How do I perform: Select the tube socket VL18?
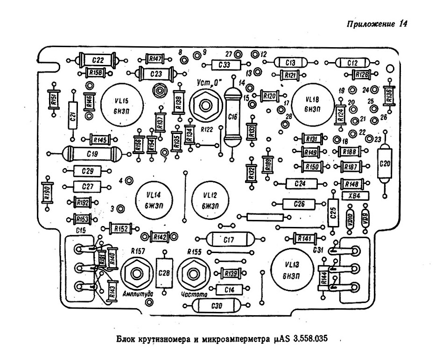311,104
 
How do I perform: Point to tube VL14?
154,199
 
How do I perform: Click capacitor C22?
98,60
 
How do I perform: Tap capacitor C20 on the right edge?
385,164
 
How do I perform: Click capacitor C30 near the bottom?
216,306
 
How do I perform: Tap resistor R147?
154,59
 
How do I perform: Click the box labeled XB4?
356,196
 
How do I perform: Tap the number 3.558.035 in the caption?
304,339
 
